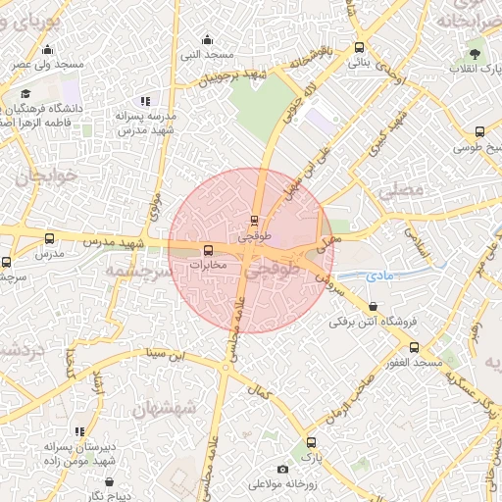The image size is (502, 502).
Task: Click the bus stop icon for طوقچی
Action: (x=255, y=220)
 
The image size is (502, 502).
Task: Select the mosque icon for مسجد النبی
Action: (x=207, y=40)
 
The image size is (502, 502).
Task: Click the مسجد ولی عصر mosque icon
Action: (x=47, y=50)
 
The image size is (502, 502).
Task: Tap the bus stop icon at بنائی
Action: (x=359, y=47)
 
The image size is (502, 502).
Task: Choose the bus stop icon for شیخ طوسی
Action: (x=479, y=131)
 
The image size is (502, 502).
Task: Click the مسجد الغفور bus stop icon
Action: (x=414, y=347)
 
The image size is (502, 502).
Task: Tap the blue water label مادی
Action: (x=379, y=276)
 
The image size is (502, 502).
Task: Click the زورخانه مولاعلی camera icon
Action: (x=283, y=469)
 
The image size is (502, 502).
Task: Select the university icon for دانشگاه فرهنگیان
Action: (x=25, y=94)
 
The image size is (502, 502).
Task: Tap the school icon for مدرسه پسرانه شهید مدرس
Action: (x=145, y=101)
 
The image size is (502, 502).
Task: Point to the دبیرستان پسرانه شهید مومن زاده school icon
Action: (x=79, y=431)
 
